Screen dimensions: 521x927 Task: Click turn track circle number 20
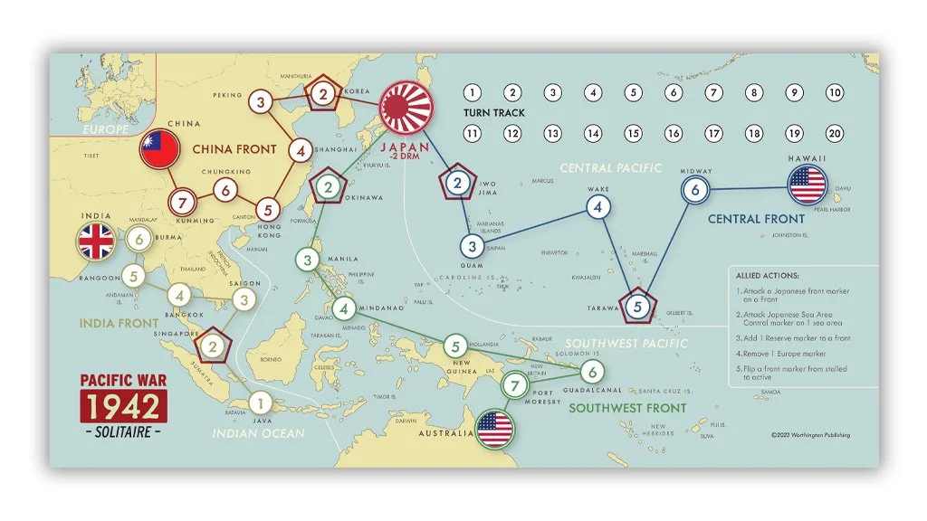[x=835, y=133]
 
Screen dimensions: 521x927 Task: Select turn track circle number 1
[x=472, y=92]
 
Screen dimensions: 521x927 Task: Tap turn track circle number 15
[x=633, y=133]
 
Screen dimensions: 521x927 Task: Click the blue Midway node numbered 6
[x=695, y=190]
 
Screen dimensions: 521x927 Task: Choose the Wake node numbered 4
[x=597, y=207]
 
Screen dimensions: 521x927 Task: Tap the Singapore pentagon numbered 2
[x=212, y=345]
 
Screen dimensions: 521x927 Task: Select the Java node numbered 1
[x=260, y=403]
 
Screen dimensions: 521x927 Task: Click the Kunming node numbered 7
[x=182, y=201]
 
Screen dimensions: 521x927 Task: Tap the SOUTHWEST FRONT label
[x=627, y=408]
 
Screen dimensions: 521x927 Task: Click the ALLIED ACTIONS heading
[x=767, y=275]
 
